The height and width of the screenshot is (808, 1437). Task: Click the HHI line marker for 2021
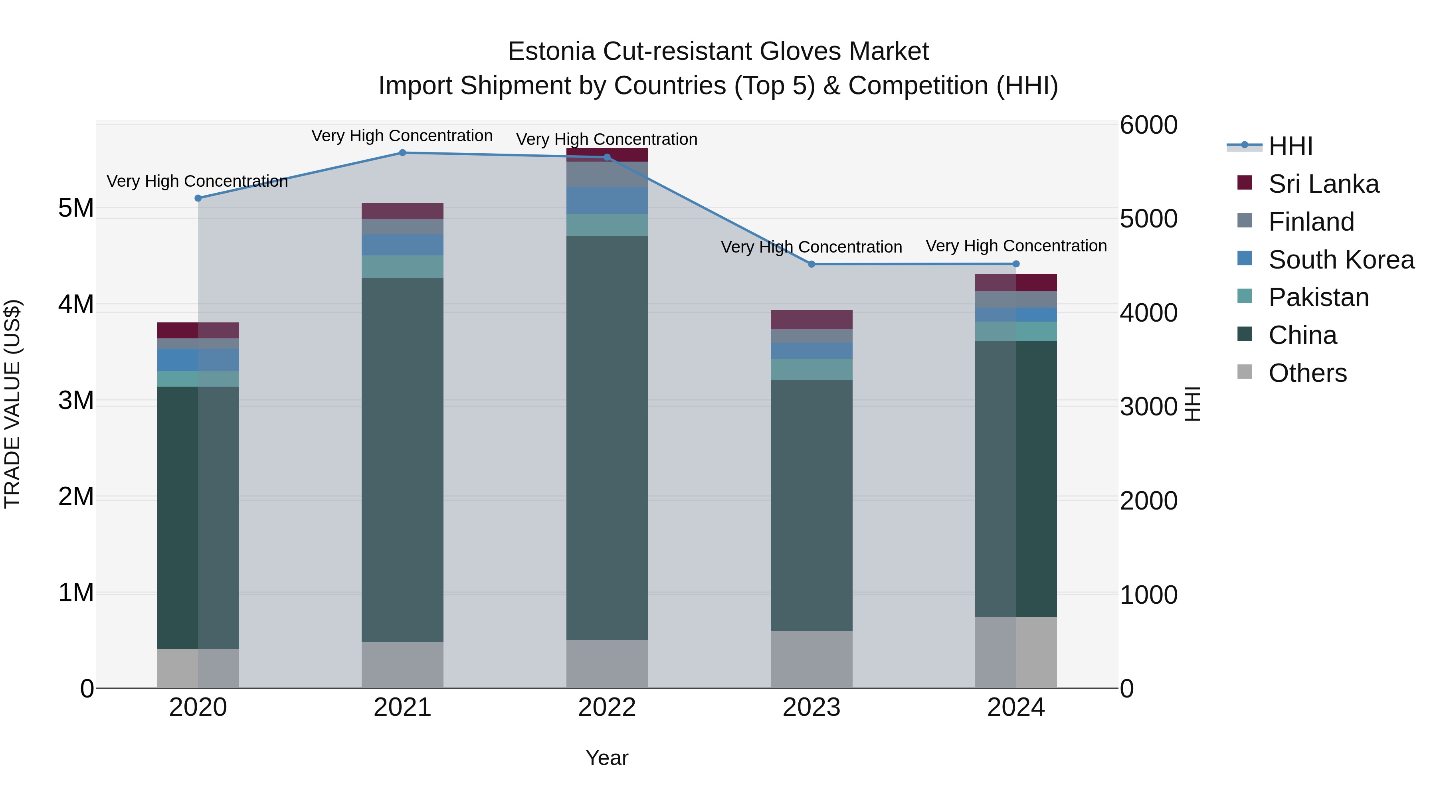pos(402,152)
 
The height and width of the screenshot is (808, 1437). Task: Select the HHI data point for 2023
pos(812,264)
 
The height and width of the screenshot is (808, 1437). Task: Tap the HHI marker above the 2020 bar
pos(198,198)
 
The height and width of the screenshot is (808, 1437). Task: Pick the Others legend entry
pos(1307,373)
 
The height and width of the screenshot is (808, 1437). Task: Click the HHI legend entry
pos(1290,146)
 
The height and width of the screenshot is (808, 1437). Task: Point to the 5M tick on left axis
pos(76,209)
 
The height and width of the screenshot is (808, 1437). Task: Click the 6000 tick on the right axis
pos(1148,125)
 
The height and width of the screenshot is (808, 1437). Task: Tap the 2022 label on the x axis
pos(607,707)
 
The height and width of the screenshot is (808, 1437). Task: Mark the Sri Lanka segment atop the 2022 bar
pos(607,155)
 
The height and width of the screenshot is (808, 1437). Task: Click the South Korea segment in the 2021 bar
pos(402,245)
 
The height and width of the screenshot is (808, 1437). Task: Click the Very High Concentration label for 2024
pos(1016,246)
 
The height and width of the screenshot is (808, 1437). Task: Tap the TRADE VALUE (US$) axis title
pos(12,404)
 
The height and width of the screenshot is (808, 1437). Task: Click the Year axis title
pos(607,758)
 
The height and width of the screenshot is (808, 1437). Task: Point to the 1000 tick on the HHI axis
pos(1148,595)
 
